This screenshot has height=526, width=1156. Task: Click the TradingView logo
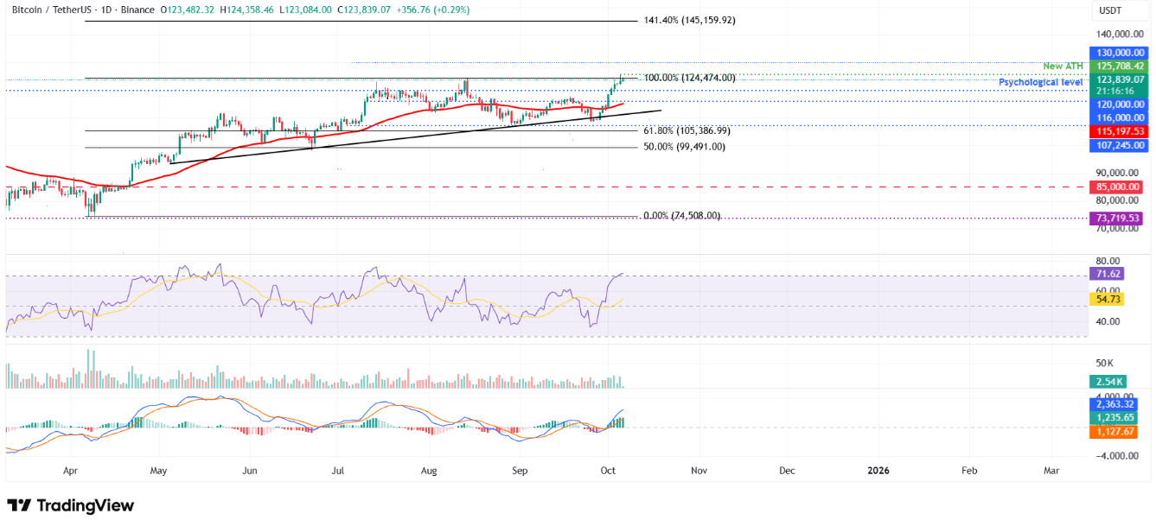(x=71, y=505)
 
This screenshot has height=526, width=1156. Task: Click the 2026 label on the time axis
(x=878, y=471)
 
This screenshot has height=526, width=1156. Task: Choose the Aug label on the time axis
(x=429, y=471)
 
